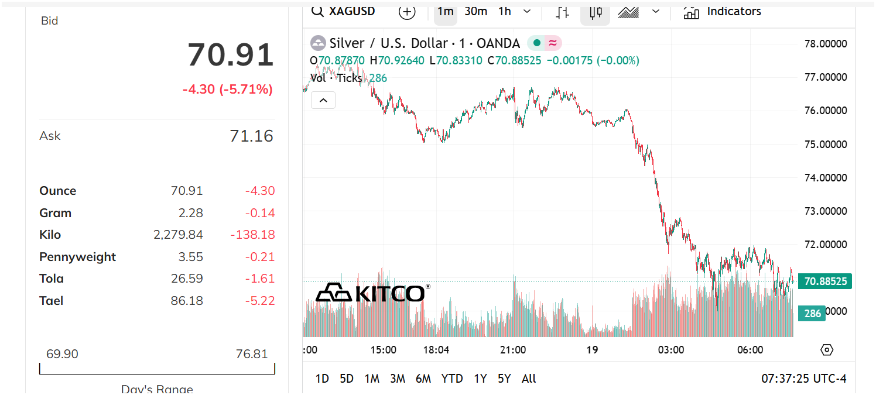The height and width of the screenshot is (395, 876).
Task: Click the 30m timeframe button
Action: (475, 12)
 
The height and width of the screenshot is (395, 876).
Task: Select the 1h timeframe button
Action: (505, 12)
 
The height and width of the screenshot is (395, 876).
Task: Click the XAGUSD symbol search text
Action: (352, 12)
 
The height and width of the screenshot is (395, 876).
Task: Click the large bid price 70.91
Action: (231, 55)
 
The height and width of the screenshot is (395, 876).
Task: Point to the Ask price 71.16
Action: (251, 136)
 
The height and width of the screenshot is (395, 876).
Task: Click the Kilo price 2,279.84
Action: (178, 235)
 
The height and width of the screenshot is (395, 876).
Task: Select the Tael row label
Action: (51, 301)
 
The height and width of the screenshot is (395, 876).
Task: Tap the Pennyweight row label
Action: (77, 257)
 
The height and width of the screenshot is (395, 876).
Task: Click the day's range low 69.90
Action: (62, 354)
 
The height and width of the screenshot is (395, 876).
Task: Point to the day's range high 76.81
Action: (252, 354)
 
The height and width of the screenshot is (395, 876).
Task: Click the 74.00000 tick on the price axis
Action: (826, 177)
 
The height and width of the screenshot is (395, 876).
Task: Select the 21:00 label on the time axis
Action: (513, 350)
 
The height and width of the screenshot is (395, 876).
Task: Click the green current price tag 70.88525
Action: (826, 281)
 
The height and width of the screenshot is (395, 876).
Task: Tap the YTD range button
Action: (452, 379)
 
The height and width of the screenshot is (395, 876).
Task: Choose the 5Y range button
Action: (504, 379)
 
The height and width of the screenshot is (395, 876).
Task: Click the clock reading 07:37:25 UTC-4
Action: (803, 379)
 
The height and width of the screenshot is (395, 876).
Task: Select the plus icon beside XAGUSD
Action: (407, 12)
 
